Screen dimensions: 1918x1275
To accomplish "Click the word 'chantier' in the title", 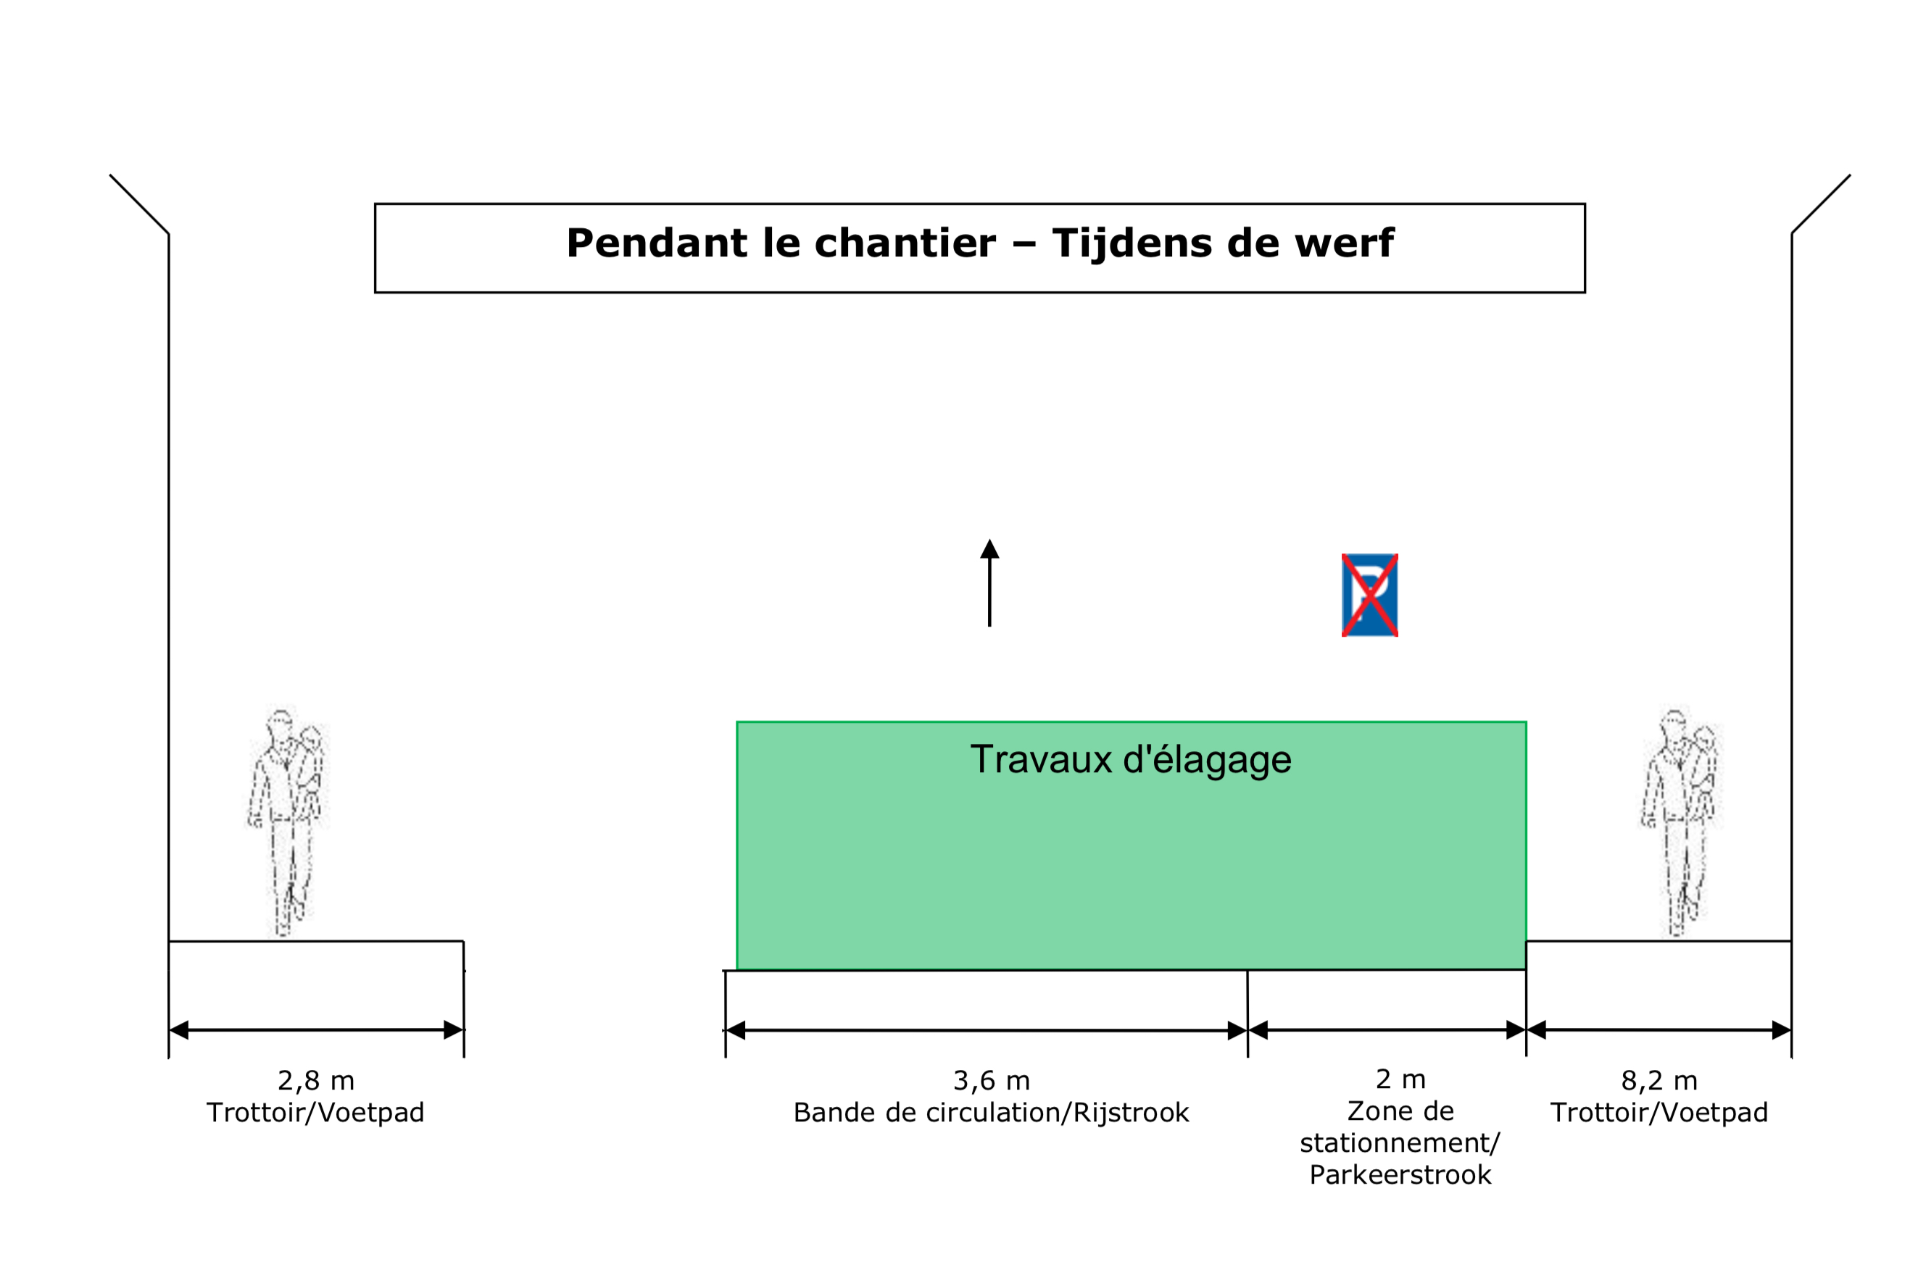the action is pyautogui.click(x=905, y=243).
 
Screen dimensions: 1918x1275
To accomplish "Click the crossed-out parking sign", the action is pyautogui.click(x=1370, y=595).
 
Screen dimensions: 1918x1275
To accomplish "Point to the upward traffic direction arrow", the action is pyautogui.click(x=989, y=583).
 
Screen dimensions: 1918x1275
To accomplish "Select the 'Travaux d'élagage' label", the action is pyautogui.click(x=1131, y=759).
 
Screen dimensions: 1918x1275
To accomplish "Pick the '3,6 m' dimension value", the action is pyautogui.click(x=992, y=1081).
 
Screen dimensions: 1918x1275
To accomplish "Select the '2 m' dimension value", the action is pyautogui.click(x=1400, y=1079).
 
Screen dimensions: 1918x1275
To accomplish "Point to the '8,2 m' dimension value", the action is pyautogui.click(x=1659, y=1081).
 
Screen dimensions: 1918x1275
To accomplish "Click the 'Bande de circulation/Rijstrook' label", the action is pyautogui.click(x=991, y=1113).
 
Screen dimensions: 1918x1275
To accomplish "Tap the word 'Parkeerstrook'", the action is pyautogui.click(x=1400, y=1175).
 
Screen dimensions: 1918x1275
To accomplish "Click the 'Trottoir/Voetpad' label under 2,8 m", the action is pyautogui.click(x=315, y=1113).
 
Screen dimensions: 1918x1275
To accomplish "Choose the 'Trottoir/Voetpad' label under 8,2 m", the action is pyautogui.click(x=1659, y=1113).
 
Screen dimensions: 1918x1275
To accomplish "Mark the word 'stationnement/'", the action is pyautogui.click(x=1400, y=1143).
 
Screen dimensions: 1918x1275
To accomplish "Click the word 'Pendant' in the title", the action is pyautogui.click(x=657, y=243).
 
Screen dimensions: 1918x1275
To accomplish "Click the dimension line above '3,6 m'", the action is pyautogui.click(x=986, y=1030).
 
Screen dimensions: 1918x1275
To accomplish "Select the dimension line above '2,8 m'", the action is pyautogui.click(x=317, y=1030).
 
